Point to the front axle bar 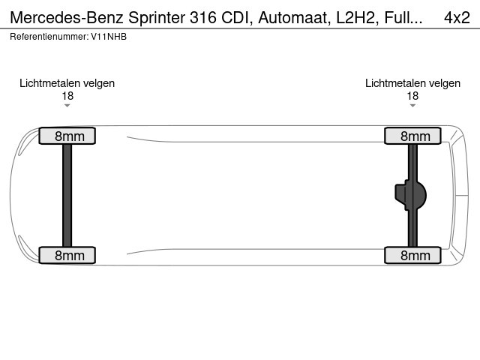coord(67,196)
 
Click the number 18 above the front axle coord(67,95)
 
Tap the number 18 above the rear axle coord(412,95)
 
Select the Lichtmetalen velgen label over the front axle coord(67,83)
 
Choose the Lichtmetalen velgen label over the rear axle coord(412,83)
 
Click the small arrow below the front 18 coord(67,106)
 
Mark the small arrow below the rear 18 coord(412,106)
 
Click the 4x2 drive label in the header coord(456,16)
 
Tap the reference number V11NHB coord(109,36)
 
